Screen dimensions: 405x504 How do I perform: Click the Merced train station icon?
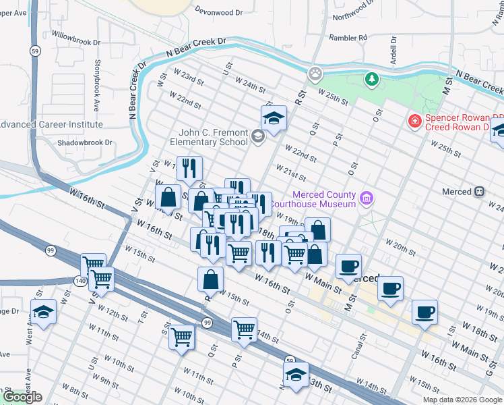(x=479, y=192)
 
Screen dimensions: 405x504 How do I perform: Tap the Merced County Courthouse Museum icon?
(x=366, y=198)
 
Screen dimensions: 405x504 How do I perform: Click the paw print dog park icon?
(x=315, y=72)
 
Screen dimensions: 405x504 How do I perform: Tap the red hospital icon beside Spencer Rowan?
(x=416, y=122)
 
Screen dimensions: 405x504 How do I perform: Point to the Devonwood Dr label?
(x=218, y=12)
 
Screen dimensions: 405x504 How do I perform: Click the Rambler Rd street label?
(x=348, y=38)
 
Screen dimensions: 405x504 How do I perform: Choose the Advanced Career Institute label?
(x=51, y=124)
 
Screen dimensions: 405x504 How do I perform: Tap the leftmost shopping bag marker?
(x=168, y=198)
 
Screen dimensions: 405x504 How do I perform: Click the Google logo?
(x=22, y=398)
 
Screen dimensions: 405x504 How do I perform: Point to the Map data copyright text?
(x=462, y=400)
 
